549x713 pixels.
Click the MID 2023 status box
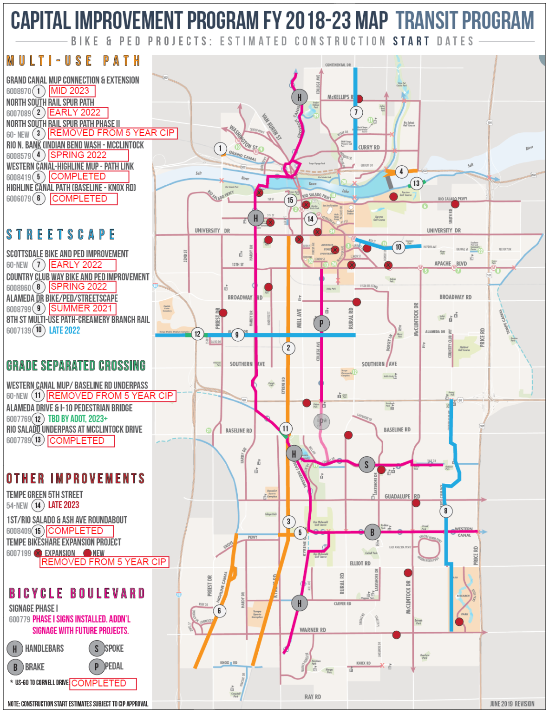72,91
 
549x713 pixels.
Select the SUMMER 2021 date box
82,308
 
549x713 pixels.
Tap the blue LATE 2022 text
64,331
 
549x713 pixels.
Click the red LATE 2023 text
64,505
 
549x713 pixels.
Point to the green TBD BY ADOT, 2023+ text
78,419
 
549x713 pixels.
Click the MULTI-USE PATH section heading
73,61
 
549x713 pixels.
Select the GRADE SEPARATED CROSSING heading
76,366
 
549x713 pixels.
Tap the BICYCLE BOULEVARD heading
77,593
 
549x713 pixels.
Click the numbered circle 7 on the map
356,112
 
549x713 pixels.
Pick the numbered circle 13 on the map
416,183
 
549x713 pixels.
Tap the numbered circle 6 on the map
219,611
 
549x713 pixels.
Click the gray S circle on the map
366,464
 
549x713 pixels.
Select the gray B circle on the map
372,532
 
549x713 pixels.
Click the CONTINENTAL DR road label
338,65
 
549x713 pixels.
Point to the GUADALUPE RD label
402,496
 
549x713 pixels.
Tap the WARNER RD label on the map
313,630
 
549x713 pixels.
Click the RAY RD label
312,697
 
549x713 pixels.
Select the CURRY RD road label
369,148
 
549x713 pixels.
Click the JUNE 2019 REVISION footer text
511,704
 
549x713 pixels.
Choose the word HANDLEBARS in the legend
44,648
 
